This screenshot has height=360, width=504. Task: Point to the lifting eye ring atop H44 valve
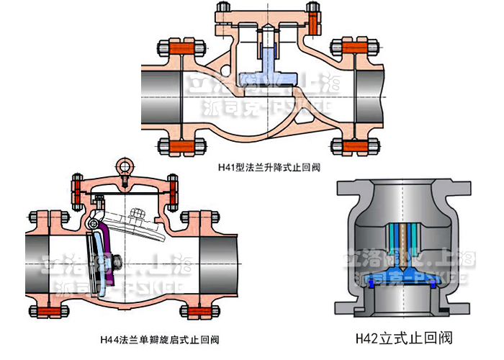tap(127, 167)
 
